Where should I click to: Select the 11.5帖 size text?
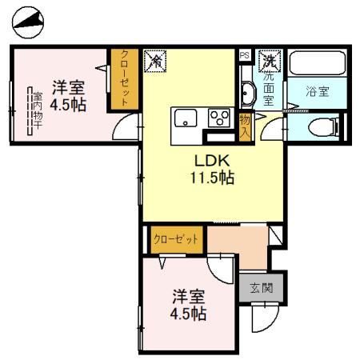[x=211, y=178]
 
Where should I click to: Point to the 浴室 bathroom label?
[x=318, y=91]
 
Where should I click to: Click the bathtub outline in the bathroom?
[x=317, y=65]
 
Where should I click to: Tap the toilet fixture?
[x=323, y=126]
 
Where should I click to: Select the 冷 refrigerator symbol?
[x=154, y=60]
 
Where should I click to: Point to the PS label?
[x=245, y=54]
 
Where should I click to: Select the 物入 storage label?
[x=246, y=126]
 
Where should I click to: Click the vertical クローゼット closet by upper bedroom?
[x=125, y=78]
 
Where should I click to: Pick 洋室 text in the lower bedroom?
[x=188, y=295]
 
